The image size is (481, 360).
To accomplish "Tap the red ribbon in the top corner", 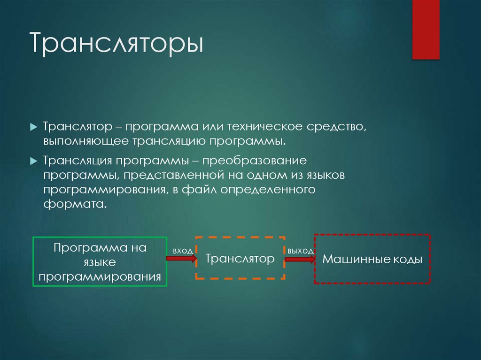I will click(x=426, y=29).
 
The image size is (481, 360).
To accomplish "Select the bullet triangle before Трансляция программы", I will click(x=33, y=161).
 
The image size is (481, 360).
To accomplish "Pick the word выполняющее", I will click(x=85, y=141).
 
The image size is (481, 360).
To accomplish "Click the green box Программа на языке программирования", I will click(x=100, y=262).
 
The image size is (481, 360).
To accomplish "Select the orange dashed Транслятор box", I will click(x=240, y=259).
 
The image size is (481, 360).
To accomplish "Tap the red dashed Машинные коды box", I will click(x=372, y=259).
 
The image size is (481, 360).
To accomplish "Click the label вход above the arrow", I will click(x=183, y=251).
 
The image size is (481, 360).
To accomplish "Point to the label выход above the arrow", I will click(x=301, y=251).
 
